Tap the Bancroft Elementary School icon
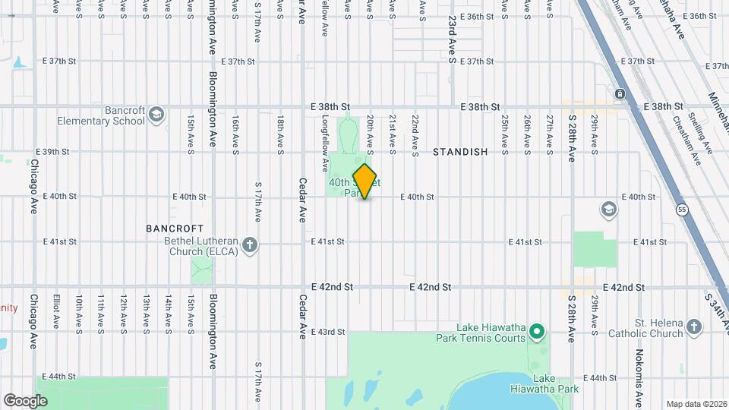tap(157, 114)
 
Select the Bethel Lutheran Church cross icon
tap(251, 245)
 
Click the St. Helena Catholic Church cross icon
tap(693, 327)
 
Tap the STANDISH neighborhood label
tap(460, 152)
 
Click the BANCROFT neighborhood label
tap(175, 228)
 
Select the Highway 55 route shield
tap(682, 208)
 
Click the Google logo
tap(25, 400)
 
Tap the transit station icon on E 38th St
tap(620, 93)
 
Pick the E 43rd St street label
tap(328, 332)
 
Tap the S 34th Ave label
tap(716, 311)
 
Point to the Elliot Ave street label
tap(56, 311)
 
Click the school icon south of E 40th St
tap(607, 209)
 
